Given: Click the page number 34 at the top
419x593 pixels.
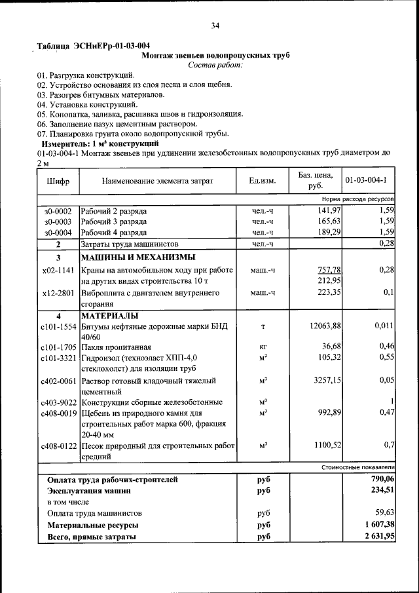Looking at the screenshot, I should coord(215,26).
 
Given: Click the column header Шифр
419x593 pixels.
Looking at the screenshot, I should coord(58,180).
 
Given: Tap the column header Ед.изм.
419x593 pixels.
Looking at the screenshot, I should coord(262,180).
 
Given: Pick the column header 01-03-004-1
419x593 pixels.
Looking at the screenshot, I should coord(366,180).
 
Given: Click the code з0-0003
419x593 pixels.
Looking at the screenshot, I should coord(58,221).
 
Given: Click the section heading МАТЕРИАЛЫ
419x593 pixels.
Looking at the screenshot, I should coord(111,316).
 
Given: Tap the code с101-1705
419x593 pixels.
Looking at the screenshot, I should coord(58,347).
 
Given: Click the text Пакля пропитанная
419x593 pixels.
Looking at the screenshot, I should coord(116,347).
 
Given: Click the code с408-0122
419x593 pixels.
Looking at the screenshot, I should coord(58,446).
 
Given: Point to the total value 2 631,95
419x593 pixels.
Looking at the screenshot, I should coord(378,537).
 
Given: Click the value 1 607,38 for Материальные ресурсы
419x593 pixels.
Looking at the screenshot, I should coord(378,525).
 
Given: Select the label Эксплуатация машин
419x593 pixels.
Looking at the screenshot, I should coord(88,490).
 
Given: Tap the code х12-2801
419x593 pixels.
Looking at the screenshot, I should coord(58,292).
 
